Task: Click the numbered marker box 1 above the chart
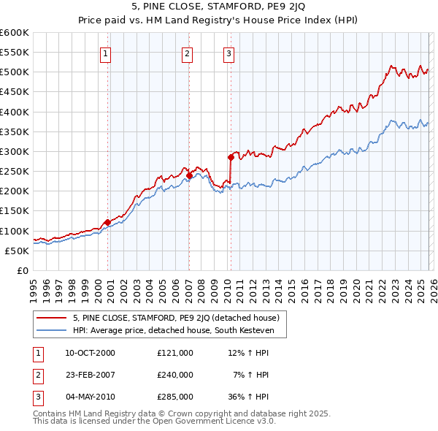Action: point(106,53)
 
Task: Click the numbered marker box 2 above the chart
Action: point(188,53)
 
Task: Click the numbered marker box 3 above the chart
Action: point(228,53)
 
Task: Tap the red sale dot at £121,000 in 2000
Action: point(107,222)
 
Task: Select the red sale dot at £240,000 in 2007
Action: point(189,175)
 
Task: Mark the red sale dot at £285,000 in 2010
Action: point(231,157)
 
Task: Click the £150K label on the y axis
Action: point(15,211)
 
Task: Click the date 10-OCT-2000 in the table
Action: point(91,353)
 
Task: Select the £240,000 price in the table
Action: point(174,375)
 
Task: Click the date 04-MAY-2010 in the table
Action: point(91,397)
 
